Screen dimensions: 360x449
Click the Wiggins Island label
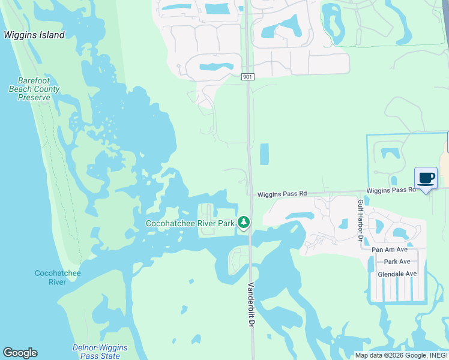tap(34, 35)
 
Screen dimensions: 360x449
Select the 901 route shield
tap(248, 77)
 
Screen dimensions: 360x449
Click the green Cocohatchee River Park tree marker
tap(244, 223)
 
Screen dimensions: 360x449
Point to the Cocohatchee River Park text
tap(190, 224)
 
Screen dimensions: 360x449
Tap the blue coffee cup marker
tap(426, 178)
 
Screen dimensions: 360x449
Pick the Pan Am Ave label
tap(390, 249)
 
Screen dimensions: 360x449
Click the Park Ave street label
tap(397, 262)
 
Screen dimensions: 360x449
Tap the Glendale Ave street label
tap(397, 274)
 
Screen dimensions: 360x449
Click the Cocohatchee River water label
tap(58, 277)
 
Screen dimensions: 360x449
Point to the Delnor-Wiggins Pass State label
tap(96, 352)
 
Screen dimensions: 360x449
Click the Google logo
tap(20, 353)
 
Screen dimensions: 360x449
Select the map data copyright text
tap(401, 355)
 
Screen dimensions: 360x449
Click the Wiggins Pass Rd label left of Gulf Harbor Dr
tap(282, 194)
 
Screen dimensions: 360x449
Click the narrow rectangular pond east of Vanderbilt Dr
tap(265, 154)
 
